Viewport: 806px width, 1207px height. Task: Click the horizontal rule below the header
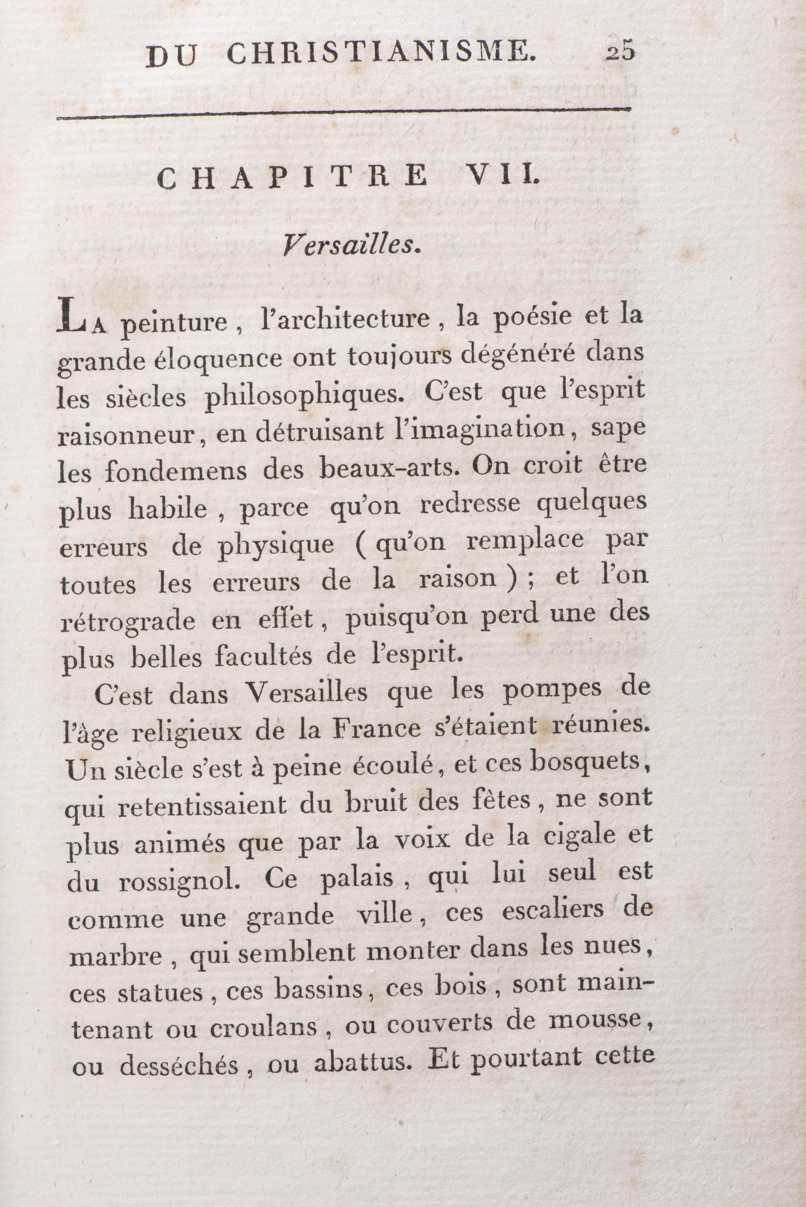344,114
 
